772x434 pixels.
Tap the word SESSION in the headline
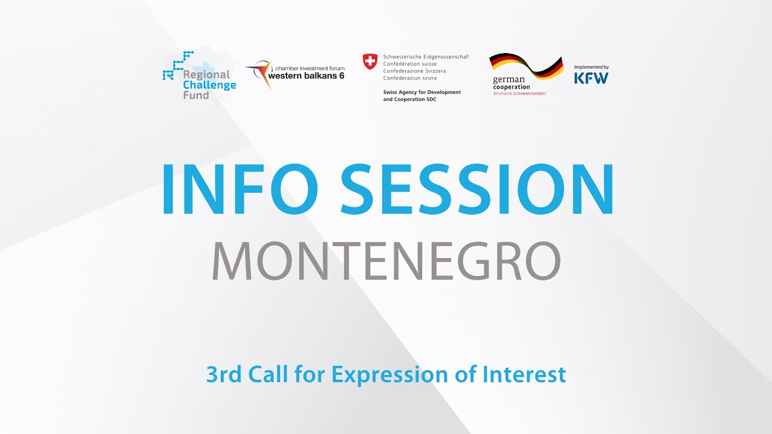[x=478, y=189]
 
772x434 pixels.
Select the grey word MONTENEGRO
[x=386, y=261]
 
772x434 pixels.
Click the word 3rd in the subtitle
[x=223, y=375]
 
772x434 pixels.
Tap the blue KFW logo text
[x=591, y=78]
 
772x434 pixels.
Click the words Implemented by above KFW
[x=591, y=67]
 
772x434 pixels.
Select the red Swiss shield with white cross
[x=370, y=61]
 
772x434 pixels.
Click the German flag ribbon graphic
[x=526, y=65]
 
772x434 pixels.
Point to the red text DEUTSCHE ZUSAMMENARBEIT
[x=520, y=94]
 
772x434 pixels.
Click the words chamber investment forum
[x=309, y=69]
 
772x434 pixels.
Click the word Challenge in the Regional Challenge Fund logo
[x=209, y=85]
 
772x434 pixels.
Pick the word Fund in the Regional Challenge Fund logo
[x=196, y=95]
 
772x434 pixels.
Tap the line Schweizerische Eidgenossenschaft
[x=425, y=57]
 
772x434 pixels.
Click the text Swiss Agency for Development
[x=422, y=92]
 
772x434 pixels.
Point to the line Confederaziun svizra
[x=410, y=78]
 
